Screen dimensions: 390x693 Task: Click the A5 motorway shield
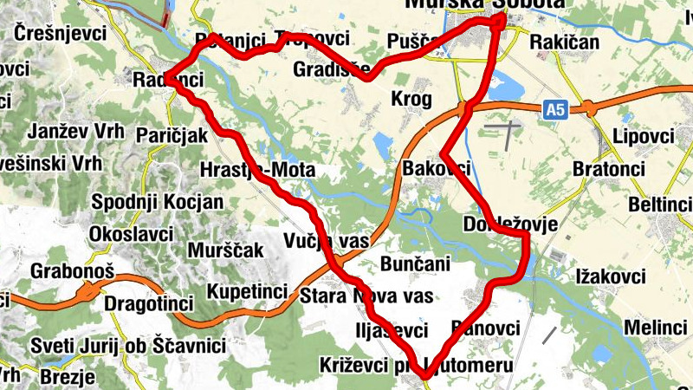pyautogui.click(x=556, y=109)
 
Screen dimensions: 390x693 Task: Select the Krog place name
pyautogui.click(x=411, y=99)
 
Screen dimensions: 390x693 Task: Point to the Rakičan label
pyautogui.click(x=564, y=41)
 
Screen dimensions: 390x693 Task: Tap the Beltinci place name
pyautogui.click(x=660, y=205)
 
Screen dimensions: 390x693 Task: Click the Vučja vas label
pyautogui.click(x=326, y=240)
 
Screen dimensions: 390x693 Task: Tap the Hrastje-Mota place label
pyautogui.click(x=256, y=169)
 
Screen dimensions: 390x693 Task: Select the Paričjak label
pyautogui.click(x=172, y=135)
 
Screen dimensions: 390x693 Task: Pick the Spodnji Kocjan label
pyautogui.click(x=157, y=202)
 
